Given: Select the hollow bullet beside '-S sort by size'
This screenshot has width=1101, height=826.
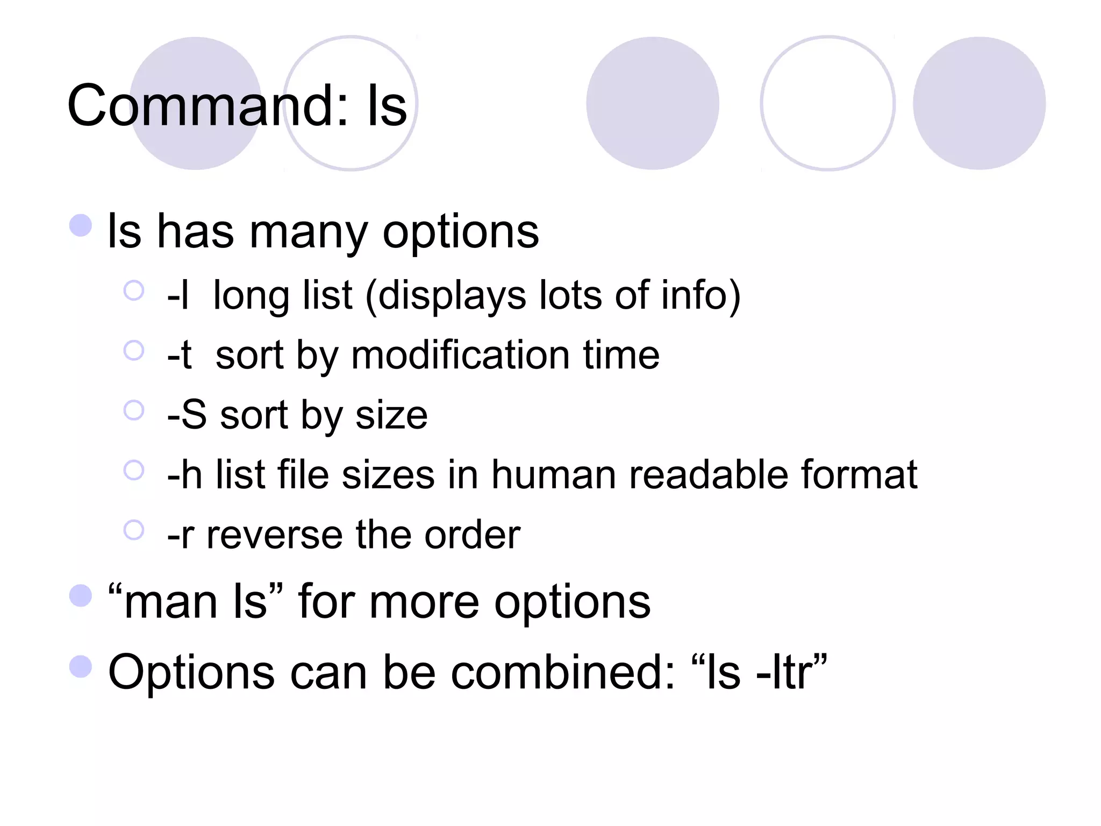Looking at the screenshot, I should point(134,410).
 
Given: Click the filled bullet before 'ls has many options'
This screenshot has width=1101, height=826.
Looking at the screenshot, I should point(81,225).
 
